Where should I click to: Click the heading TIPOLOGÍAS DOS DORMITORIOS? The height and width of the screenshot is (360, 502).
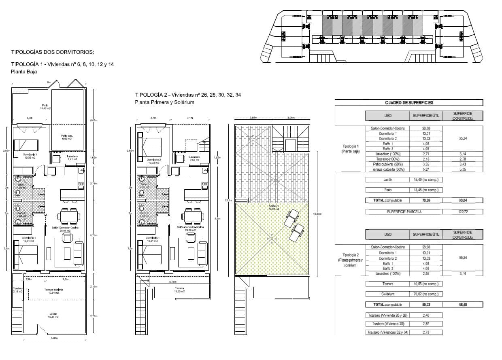tap(52, 52)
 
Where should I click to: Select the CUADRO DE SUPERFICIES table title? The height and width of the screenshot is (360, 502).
tap(408, 103)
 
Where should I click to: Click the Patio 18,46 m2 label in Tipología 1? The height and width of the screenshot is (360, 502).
tap(45, 107)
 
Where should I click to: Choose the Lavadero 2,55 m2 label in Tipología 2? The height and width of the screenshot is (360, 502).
tap(195, 158)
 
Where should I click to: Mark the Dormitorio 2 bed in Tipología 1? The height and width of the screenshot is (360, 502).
tap(26, 145)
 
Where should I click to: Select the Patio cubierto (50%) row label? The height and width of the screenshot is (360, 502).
tap(387, 164)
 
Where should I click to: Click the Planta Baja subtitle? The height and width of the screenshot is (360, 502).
tap(24, 72)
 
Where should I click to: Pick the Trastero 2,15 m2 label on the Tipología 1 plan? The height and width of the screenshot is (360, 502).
tap(17, 290)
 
